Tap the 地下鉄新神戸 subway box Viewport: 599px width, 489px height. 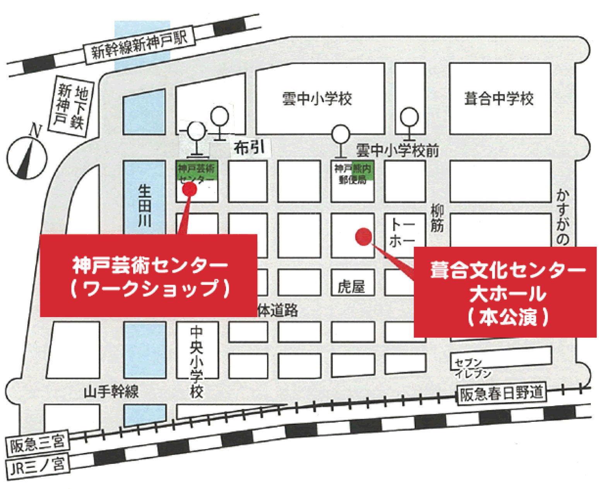pos(71,106)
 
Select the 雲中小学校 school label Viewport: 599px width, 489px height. pos(317,99)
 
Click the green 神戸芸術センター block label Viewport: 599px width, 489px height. pos(197,173)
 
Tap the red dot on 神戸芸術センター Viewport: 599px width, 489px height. pos(190,189)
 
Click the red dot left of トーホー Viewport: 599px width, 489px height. pos(364,236)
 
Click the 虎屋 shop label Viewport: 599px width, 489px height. pos(351,286)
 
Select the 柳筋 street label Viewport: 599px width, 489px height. pos(437,218)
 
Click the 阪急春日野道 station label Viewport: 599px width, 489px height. pos(501,394)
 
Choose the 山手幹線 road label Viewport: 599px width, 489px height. pos(111,392)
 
